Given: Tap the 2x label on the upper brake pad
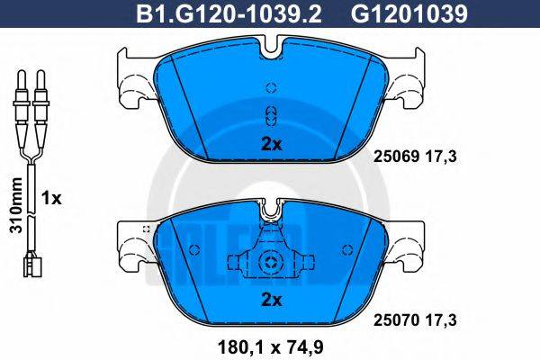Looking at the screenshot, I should pos(271,143).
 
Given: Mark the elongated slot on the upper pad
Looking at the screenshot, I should pos(271,114).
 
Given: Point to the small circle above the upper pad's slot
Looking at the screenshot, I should pos(271,88).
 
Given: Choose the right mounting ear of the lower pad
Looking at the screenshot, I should pos(408,241).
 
